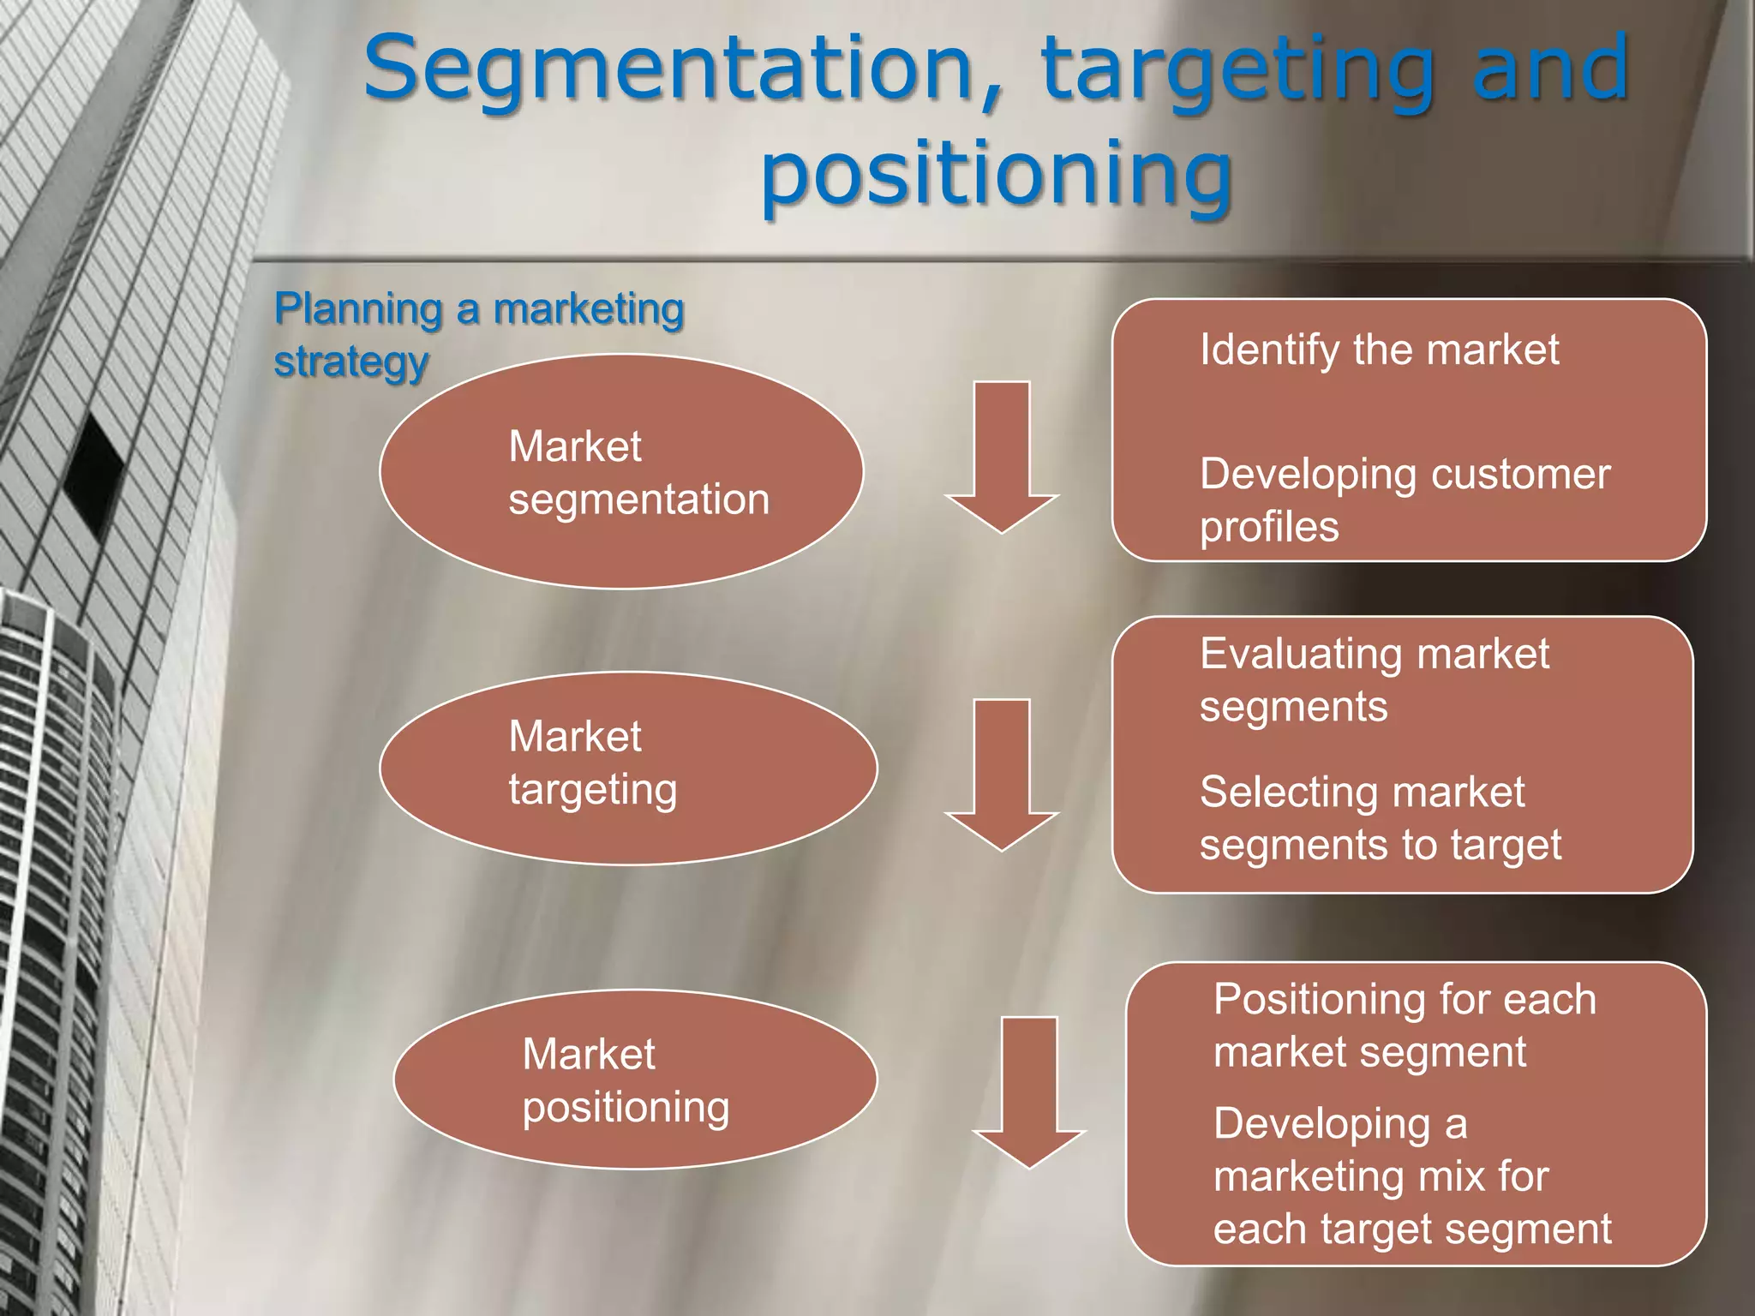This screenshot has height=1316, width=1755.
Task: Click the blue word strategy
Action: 350,362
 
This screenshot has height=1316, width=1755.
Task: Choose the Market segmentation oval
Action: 621,471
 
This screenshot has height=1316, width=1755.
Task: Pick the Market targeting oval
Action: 628,767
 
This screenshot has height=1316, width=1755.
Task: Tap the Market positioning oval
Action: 635,1079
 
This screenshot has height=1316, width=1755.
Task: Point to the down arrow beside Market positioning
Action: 1028,1092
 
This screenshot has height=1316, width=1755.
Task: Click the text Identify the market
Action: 1379,350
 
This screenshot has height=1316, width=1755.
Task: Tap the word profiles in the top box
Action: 1269,526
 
